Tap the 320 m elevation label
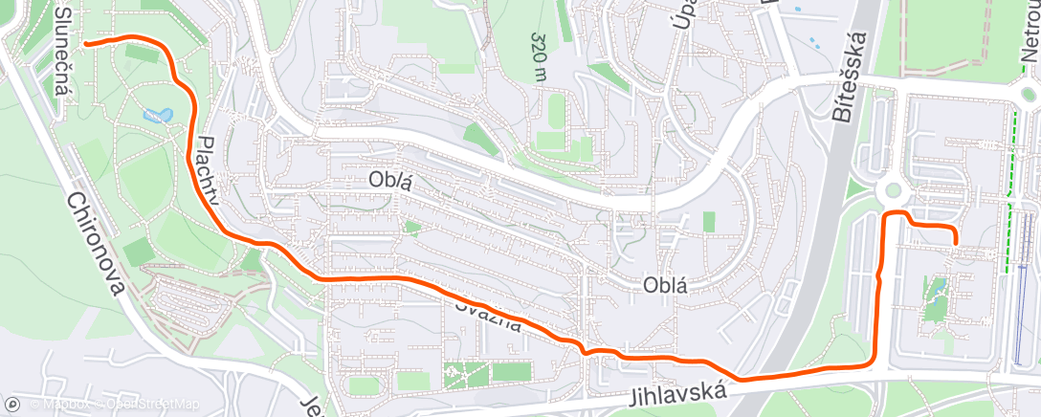click(540, 57)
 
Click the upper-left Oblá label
click(389, 181)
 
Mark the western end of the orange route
click(86, 43)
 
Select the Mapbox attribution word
click(59, 405)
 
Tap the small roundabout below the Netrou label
click(1030, 94)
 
